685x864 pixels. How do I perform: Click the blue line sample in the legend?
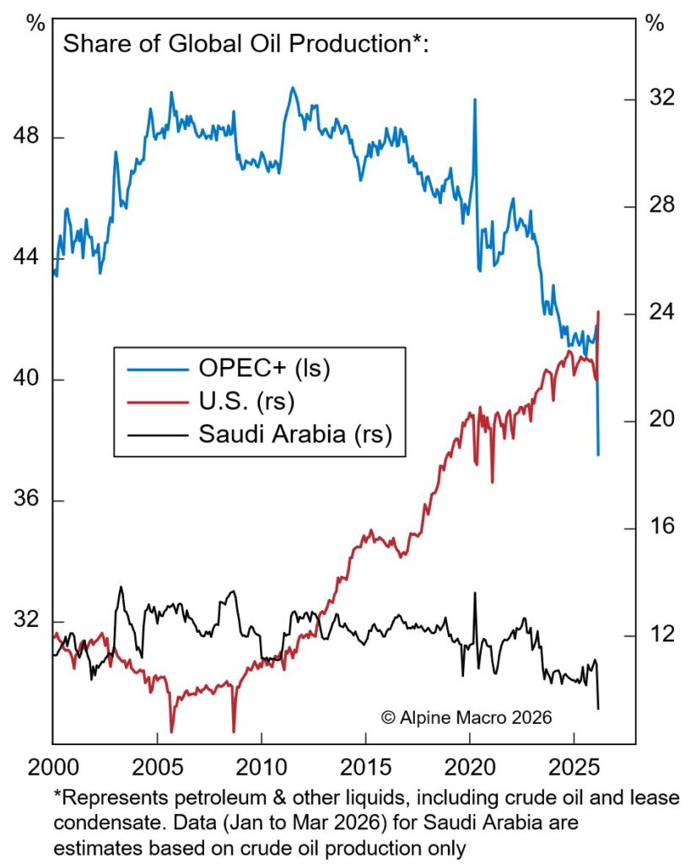(155, 369)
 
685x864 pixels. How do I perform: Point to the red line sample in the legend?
(155, 402)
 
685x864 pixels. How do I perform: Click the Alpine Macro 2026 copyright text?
(466, 718)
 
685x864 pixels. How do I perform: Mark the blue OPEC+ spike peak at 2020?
(475, 100)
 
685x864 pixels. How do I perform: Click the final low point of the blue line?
(598, 455)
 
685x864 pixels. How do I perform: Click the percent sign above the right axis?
(655, 23)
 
